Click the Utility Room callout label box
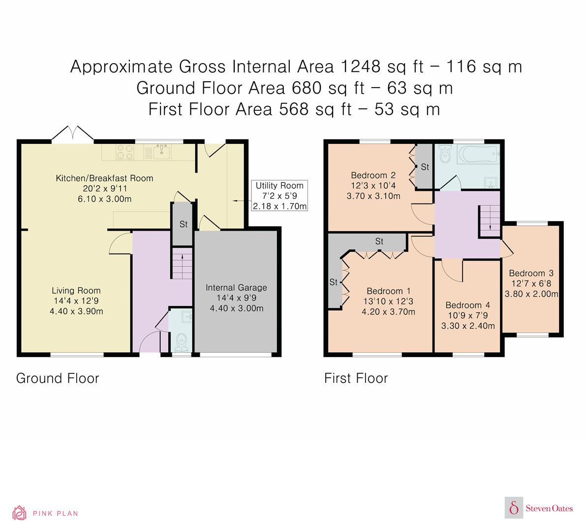tap(279, 195)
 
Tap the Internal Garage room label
tap(236, 298)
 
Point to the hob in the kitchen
tap(125, 152)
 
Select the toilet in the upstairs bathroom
tap(445, 155)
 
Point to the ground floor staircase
tap(182, 263)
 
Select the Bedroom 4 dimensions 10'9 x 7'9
tap(468, 315)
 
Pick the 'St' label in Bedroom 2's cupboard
tap(425, 167)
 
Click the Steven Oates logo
tap(539, 508)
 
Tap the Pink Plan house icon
tap(19, 513)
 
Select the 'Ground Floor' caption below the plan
tap(58, 378)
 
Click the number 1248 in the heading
tap(361, 66)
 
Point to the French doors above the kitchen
tap(72, 134)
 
